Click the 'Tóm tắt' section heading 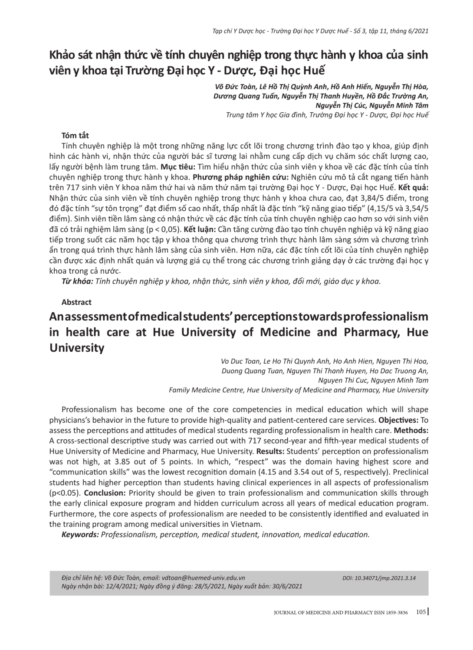click(75, 135)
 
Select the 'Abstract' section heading click(76, 302)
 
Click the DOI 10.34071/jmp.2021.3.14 click(379, 578)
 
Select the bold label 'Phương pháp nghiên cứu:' click(241, 177)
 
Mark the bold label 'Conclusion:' click(105, 493)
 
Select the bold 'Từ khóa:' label click(77, 281)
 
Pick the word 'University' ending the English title click(77, 348)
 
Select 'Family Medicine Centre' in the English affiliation click(206, 390)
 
